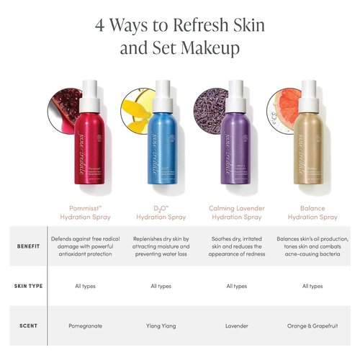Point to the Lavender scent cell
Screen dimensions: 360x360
click(x=237, y=325)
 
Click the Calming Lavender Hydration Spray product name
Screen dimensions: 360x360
click(x=237, y=212)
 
